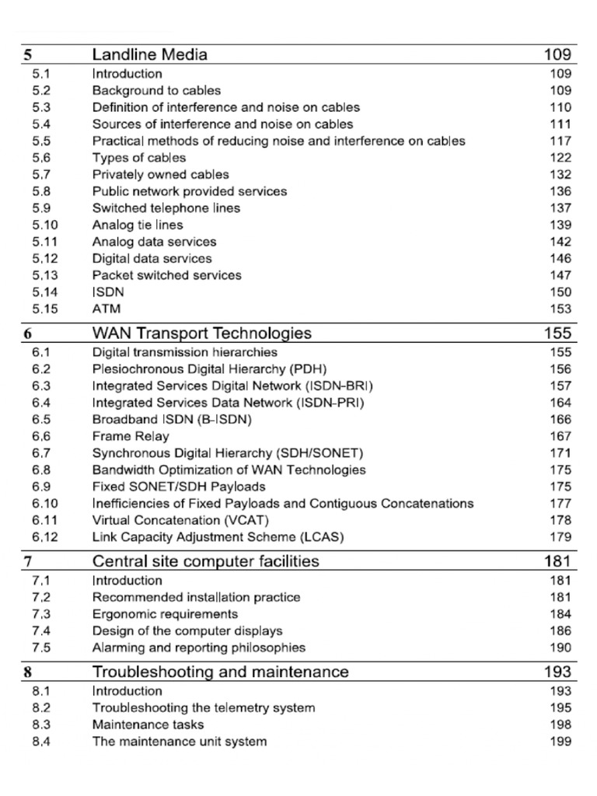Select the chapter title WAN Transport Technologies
(201, 333)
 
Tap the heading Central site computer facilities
(205, 560)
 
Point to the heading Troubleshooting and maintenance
(220, 672)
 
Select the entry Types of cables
(138, 158)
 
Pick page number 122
(560, 158)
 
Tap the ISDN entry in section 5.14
(108, 292)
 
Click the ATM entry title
(106, 309)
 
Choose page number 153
(560, 309)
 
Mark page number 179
(560, 537)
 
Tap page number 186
(560, 631)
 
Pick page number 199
(560, 742)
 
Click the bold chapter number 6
(27, 333)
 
